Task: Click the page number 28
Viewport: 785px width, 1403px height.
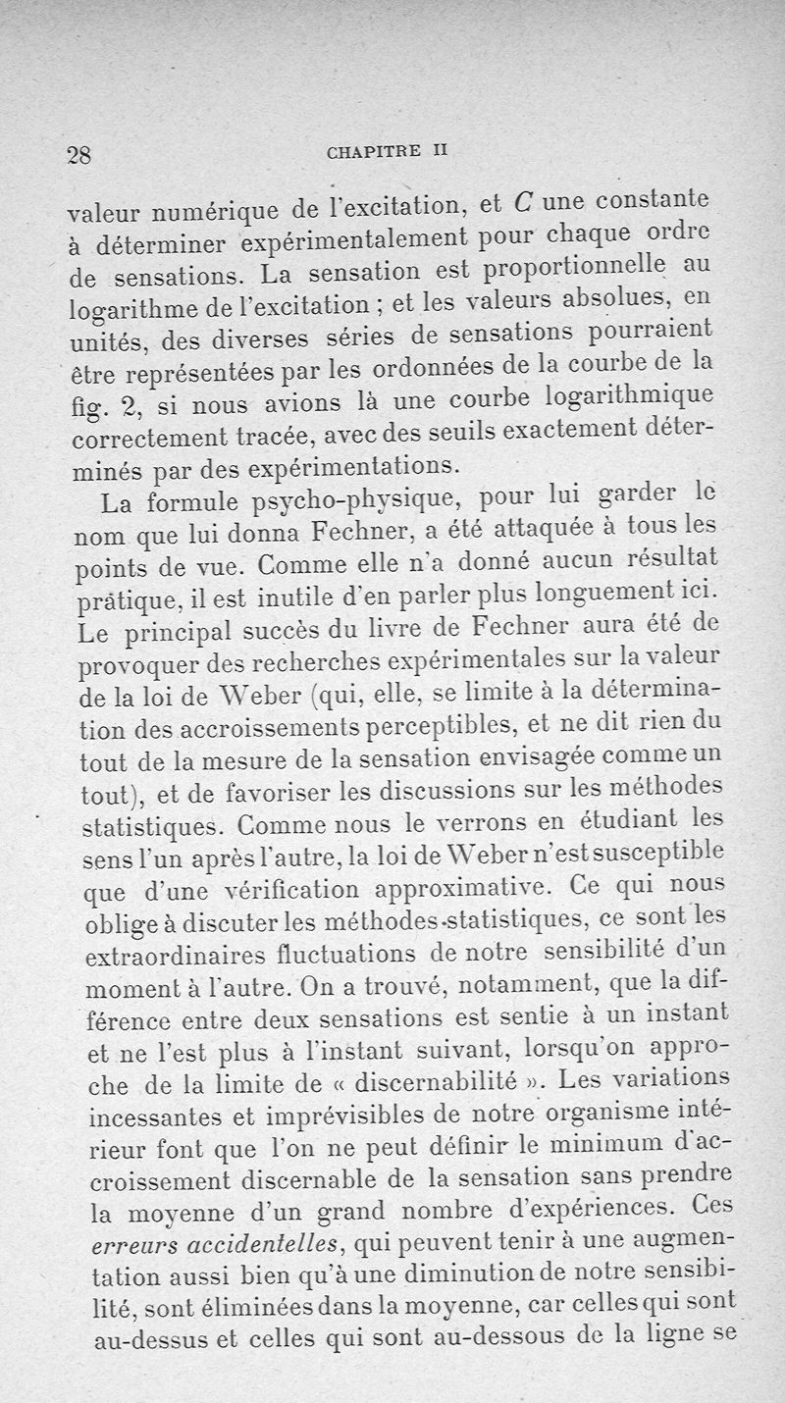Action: [78, 154]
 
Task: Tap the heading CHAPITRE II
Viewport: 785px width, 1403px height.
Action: [386, 151]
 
